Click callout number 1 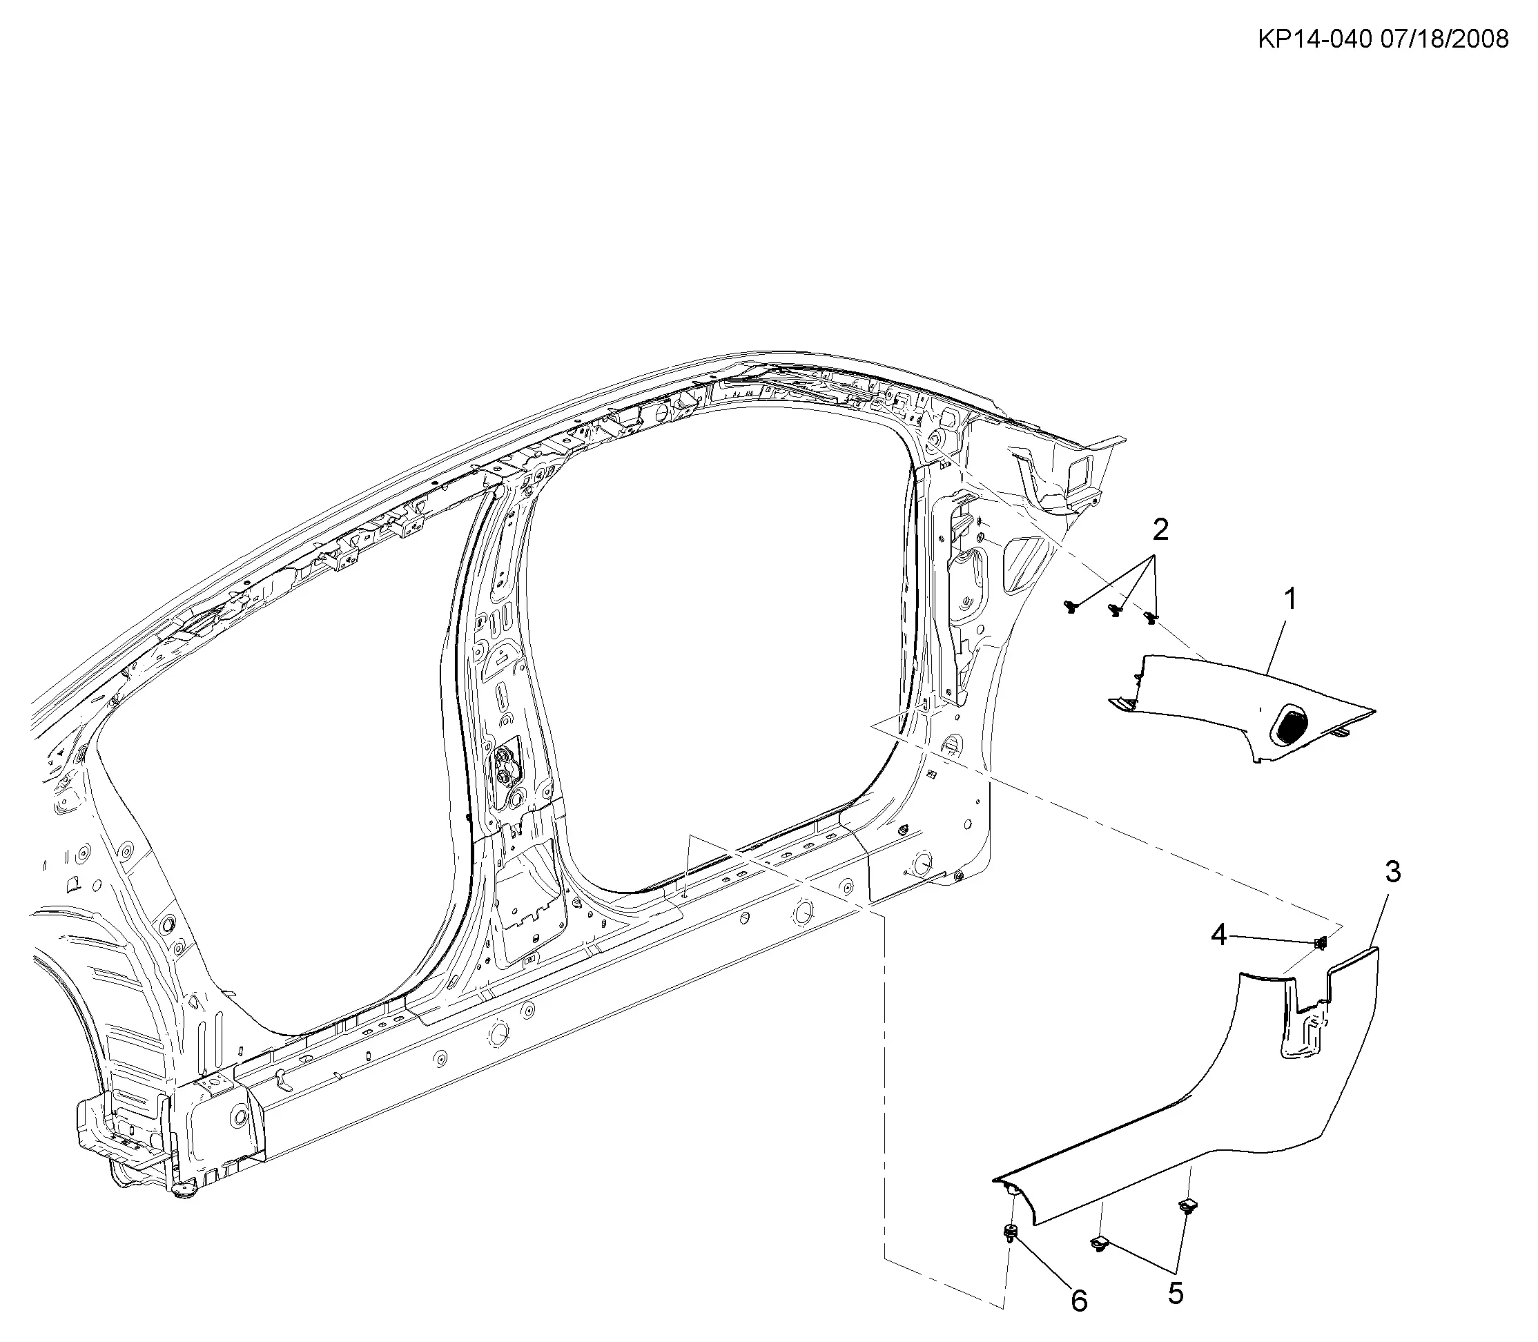[x=1289, y=599]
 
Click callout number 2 [x=1160, y=530]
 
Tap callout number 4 [x=1219, y=934]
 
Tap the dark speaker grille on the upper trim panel [x=1290, y=725]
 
